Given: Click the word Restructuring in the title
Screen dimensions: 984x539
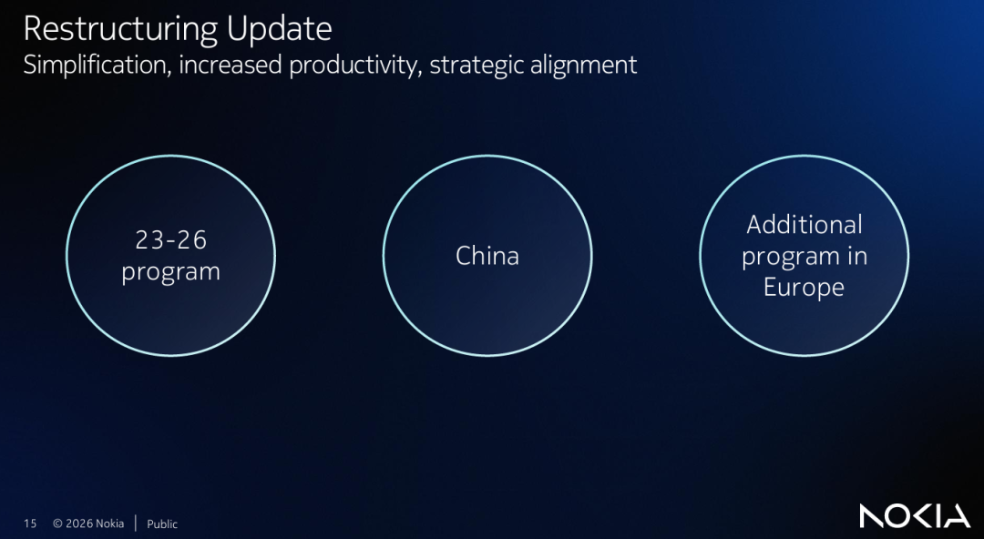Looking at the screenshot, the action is click(x=121, y=30).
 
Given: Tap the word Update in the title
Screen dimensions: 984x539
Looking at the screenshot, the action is click(x=280, y=30).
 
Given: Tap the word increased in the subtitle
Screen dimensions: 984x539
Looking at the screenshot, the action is click(x=231, y=65).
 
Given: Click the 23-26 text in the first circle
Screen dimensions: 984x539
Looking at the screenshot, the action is click(x=170, y=239).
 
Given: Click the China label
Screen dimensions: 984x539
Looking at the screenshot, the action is click(x=487, y=256).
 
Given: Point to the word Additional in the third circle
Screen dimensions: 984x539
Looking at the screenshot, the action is click(x=804, y=225).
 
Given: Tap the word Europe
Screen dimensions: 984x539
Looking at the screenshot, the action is click(x=804, y=288).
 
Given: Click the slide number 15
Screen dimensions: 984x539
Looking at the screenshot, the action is click(x=30, y=524).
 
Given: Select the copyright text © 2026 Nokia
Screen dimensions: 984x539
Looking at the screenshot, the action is click(x=88, y=524).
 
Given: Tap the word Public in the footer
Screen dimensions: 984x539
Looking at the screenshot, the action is click(x=162, y=524).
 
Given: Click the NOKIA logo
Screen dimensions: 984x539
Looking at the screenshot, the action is click(x=915, y=516).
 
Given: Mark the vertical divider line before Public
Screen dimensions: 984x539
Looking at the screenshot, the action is click(x=136, y=524).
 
